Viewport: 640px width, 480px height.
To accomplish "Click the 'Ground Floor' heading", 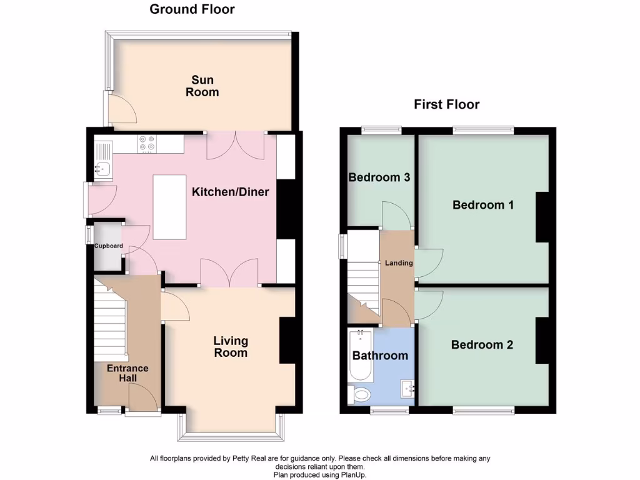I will click(x=192, y=9).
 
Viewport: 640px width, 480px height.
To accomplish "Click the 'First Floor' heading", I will click(x=446, y=104).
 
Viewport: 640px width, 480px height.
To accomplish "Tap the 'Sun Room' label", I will click(x=202, y=86).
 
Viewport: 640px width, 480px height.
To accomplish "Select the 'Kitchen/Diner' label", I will click(x=230, y=192).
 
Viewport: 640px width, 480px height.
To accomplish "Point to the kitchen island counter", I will click(x=169, y=207).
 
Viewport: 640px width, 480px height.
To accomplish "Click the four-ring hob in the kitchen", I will click(x=147, y=144).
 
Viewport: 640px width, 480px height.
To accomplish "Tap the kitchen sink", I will click(x=102, y=167).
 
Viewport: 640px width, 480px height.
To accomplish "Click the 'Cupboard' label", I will click(x=109, y=246).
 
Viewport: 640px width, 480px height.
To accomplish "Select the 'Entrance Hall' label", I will click(x=127, y=374).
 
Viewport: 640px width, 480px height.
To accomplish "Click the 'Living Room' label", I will click(x=231, y=347).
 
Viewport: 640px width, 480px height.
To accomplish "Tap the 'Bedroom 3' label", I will click(x=379, y=177).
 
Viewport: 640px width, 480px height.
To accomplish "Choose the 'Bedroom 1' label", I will click(x=483, y=204).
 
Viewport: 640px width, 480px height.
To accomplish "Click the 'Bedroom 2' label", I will click(x=482, y=344).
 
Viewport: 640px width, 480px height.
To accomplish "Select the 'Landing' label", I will click(x=398, y=263).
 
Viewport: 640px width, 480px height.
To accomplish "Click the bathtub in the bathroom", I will click(x=360, y=356).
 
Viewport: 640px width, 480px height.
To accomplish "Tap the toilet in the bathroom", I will click(x=359, y=394).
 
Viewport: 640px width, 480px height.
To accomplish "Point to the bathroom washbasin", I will click(x=410, y=389).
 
